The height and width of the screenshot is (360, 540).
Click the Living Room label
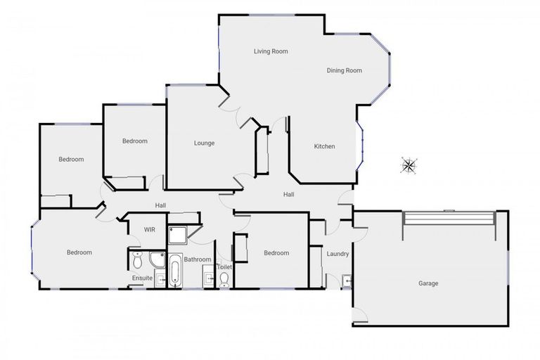(271, 51)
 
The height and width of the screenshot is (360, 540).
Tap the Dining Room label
(344, 70)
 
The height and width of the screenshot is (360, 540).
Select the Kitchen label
(324, 146)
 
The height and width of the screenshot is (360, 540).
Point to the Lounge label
(204, 143)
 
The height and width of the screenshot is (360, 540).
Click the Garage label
(428, 283)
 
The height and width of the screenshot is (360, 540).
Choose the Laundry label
(338, 254)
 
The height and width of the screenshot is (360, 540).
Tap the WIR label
(150, 230)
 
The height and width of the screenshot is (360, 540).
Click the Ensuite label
(142, 278)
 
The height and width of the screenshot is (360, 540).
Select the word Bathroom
(198, 259)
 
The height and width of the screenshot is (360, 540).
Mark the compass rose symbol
(409, 165)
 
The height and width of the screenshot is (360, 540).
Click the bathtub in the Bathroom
(175, 273)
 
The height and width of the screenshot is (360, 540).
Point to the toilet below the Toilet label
(224, 280)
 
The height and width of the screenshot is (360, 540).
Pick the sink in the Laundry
(347, 281)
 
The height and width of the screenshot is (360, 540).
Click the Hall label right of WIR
(160, 205)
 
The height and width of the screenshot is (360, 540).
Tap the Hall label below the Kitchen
(288, 194)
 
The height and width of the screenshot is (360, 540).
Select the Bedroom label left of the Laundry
(276, 253)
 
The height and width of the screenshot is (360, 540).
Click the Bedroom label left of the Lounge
(135, 141)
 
